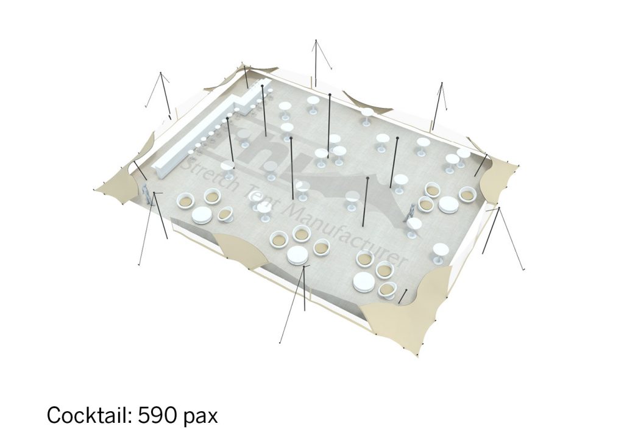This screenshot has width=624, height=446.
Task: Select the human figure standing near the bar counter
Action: pos(147,196)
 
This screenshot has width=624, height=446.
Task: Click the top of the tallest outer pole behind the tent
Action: pos(316,40)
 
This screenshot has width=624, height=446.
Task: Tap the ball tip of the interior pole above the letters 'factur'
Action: pos(367,178)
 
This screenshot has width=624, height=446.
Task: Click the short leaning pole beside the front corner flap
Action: pos(403,296)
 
